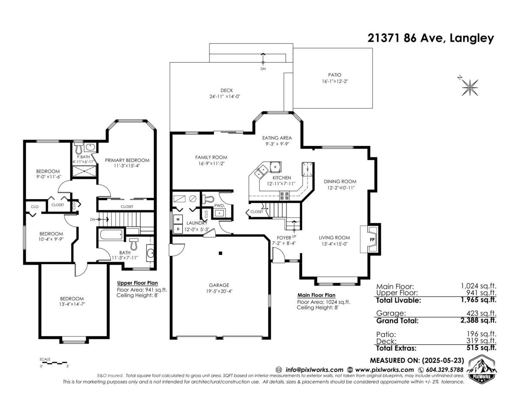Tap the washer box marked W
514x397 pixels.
[177, 220]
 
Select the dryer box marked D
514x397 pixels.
[177, 229]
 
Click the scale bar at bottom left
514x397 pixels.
[54, 362]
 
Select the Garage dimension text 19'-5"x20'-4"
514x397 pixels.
[218, 291]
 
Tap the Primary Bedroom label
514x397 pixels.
[127, 160]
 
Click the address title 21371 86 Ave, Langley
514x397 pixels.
[431, 38]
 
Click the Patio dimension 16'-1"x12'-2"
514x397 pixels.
[335, 81]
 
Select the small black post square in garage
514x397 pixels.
[221, 254]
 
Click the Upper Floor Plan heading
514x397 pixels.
[137, 283]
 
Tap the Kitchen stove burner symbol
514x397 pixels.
[285, 196]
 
